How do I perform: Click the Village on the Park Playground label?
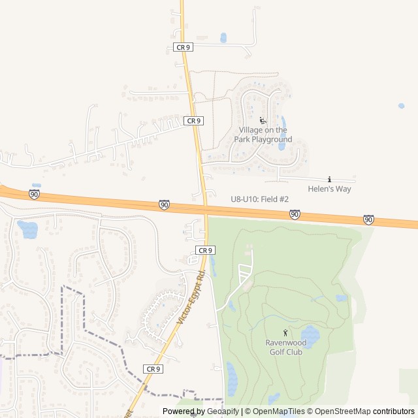click(263, 135)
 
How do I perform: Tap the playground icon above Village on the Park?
click(263, 121)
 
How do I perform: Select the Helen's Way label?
click(330, 189)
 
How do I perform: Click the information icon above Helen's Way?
click(330, 180)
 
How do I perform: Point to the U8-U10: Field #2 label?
click(259, 199)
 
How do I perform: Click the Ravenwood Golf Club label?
click(285, 347)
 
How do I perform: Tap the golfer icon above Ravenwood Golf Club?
click(285, 333)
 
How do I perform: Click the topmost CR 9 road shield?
click(183, 47)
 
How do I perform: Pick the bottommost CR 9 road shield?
click(153, 369)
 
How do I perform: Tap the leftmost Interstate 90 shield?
click(34, 194)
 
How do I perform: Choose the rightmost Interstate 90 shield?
click(369, 219)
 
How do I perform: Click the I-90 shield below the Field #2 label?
click(295, 214)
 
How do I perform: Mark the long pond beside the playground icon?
click(282, 133)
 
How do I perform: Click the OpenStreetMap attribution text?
click(340, 411)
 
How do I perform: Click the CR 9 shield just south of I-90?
click(205, 250)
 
